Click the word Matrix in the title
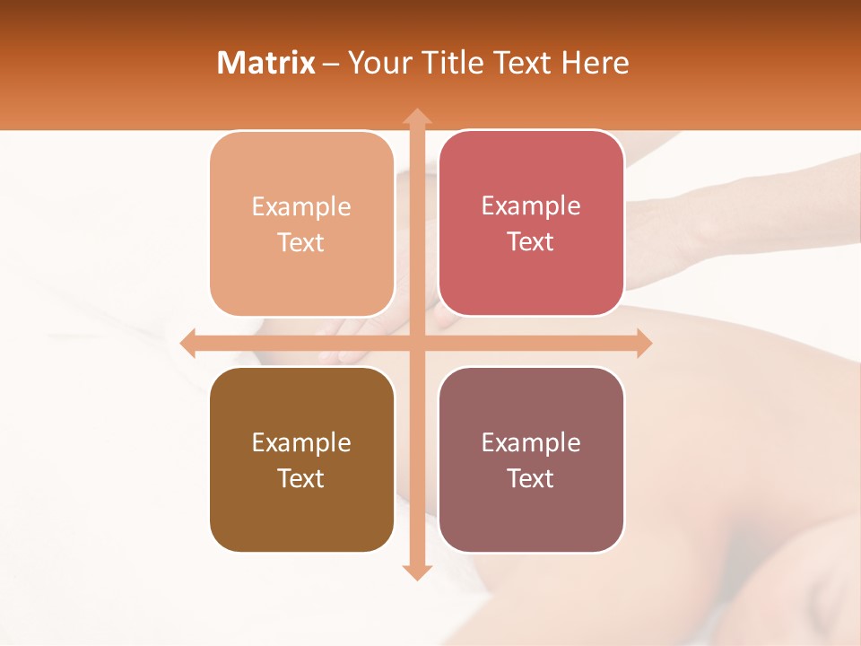265,63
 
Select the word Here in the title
595,63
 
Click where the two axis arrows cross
416,343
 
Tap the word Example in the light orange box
301,207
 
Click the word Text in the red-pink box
531,242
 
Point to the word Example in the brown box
301,443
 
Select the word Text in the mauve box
531,478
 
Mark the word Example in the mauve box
531,442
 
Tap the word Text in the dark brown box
301,478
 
